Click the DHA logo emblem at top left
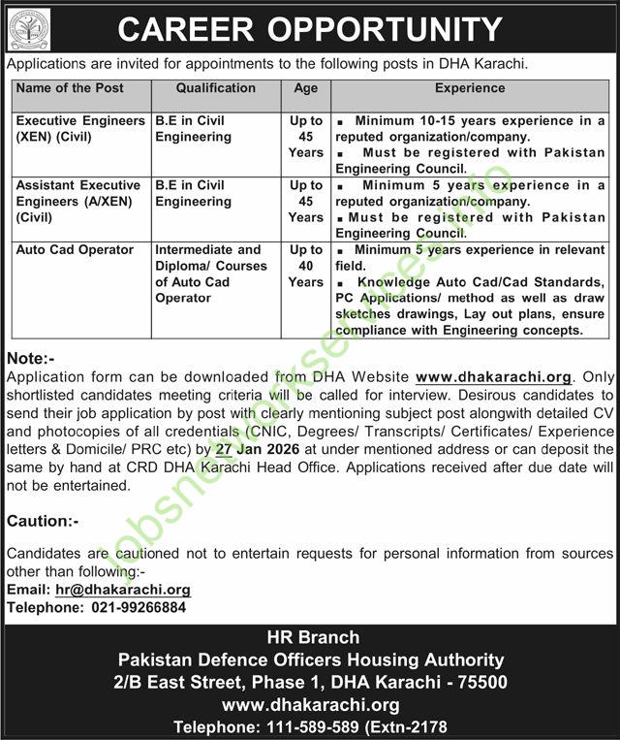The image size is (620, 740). coord(29,28)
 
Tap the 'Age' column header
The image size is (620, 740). coord(305,88)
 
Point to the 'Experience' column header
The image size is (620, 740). coord(471,88)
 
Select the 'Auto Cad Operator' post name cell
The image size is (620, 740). coord(75,249)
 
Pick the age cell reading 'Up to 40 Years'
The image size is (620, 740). coord(305,266)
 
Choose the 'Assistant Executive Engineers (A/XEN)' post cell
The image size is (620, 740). coord(77,201)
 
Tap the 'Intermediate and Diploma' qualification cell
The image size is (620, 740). coord(207,273)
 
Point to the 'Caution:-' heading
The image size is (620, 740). coord(43,521)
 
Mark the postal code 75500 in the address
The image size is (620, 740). coord(484,683)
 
